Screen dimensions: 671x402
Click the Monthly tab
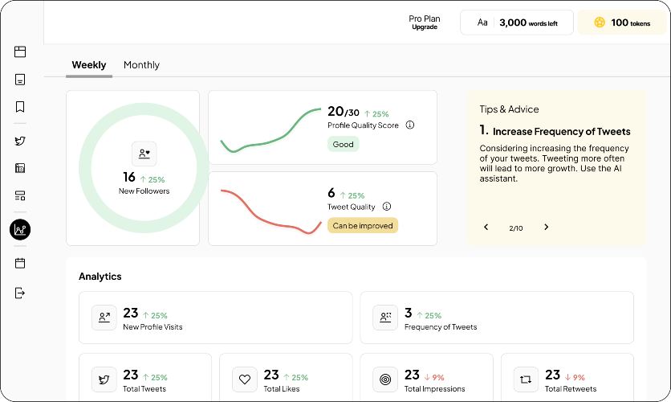tap(141, 64)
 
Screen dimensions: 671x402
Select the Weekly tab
tap(89, 64)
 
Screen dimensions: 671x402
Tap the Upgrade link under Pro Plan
tap(425, 27)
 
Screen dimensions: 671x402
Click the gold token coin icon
tap(600, 23)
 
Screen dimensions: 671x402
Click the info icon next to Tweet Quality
tap(387, 207)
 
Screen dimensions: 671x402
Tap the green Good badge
tap(344, 144)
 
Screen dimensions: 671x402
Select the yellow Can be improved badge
tap(363, 225)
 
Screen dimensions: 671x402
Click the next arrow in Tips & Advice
tap(546, 228)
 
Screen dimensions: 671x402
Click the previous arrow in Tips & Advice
tap(486, 228)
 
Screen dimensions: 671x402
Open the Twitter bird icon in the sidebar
tap(20, 141)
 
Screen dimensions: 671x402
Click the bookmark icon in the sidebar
tap(20, 107)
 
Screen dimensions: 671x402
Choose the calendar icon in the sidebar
tap(20, 263)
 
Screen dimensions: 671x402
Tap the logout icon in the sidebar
tap(20, 293)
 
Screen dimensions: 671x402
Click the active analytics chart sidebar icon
tap(20, 229)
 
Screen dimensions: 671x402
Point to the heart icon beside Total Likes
tap(245, 379)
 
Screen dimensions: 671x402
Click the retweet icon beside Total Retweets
tap(526, 379)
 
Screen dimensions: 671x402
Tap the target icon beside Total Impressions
tap(385, 379)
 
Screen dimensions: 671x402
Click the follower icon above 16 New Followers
tap(144, 154)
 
